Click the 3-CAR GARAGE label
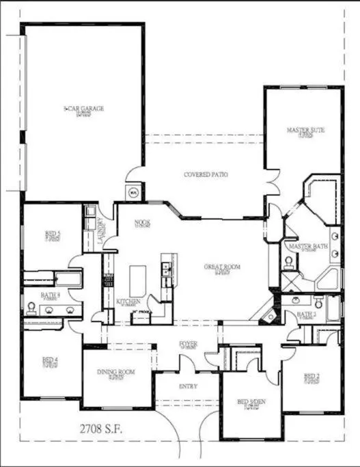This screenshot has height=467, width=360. click(x=83, y=109)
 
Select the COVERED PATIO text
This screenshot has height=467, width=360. click(x=206, y=175)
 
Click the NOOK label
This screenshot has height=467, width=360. click(x=142, y=222)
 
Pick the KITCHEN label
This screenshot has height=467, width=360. click(x=128, y=301)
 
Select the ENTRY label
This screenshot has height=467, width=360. click(x=188, y=386)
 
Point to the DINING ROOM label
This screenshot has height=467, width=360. click(x=116, y=372)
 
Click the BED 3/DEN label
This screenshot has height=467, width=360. click(x=251, y=403)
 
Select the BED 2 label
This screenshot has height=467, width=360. click(x=311, y=376)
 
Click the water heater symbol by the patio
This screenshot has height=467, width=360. click(x=134, y=191)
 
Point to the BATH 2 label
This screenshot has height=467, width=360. click(x=305, y=315)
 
